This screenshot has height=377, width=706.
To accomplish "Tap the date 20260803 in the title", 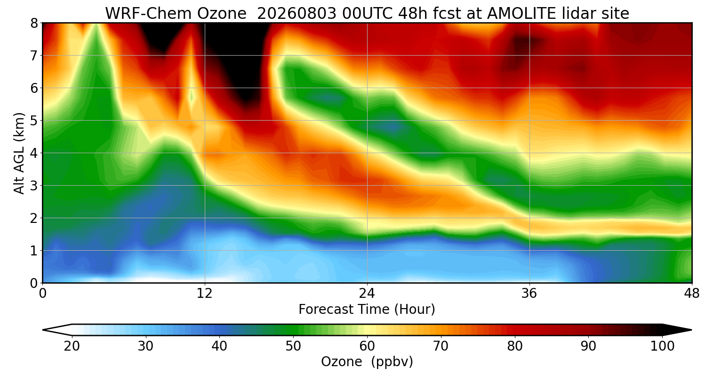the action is point(297,14).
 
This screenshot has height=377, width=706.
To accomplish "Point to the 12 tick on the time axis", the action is point(205,294).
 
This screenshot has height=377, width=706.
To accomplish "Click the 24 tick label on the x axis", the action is point(367,294).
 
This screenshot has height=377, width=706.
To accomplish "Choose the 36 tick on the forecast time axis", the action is point(529,294).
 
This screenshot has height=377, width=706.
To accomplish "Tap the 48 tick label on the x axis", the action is point(691,294).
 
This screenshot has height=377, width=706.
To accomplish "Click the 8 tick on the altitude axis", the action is point(34,23).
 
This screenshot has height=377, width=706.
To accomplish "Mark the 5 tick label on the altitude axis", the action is point(34,121).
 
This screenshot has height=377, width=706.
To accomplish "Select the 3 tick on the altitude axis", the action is point(34,186).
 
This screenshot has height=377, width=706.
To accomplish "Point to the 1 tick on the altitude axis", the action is point(34,251).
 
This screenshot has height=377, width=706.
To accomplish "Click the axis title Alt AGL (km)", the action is point(19,153).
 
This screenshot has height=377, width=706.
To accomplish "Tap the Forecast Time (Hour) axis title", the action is point(367,309).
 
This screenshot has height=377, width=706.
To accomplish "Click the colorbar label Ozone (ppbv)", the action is point(367,361).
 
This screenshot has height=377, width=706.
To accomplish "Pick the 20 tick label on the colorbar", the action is point(72,346).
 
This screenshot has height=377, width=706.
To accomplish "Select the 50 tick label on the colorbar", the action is point(293,346).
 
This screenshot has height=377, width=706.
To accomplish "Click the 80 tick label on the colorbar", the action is point(515,346).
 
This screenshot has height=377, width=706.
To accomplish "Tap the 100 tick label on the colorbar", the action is point(662,346).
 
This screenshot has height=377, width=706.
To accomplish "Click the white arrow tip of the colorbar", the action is point(43,330).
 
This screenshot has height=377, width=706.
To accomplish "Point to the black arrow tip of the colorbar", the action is point(691,330).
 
